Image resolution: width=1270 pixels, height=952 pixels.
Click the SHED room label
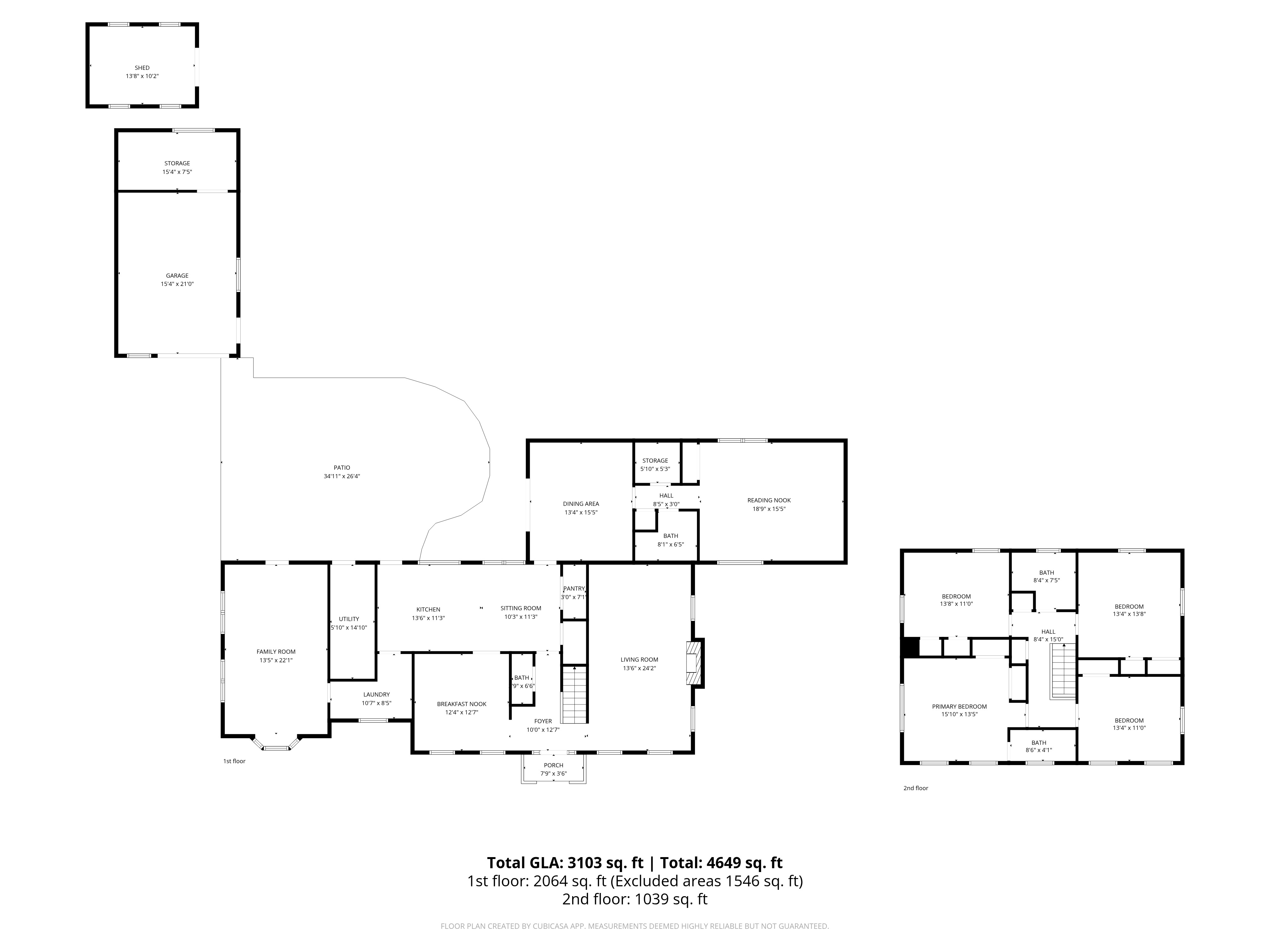pyautogui.click(x=142, y=68)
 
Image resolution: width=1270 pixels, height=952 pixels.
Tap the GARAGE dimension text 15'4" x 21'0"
pyautogui.click(x=177, y=284)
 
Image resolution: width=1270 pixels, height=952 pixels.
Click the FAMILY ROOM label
pyautogui.click(x=276, y=652)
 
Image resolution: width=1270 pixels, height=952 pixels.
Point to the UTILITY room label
pyautogui.click(x=349, y=619)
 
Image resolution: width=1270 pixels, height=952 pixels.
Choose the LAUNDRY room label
pyautogui.click(x=377, y=694)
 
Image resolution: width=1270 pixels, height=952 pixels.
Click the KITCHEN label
pyautogui.click(x=428, y=609)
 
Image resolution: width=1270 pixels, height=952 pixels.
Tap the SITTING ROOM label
pyautogui.click(x=521, y=608)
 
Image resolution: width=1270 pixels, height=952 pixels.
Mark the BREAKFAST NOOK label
pyautogui.click(x=462, y=704)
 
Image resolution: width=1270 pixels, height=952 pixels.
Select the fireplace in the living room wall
pyautogui.click(x=695, y=663)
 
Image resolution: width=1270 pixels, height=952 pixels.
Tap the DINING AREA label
pyautogui.click(x=581, y=504)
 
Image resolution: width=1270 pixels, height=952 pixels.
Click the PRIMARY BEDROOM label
pyautogui.click(x=959, y=706)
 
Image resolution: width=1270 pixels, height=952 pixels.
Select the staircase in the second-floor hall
pyautogui.click(x=1063, y=671)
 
